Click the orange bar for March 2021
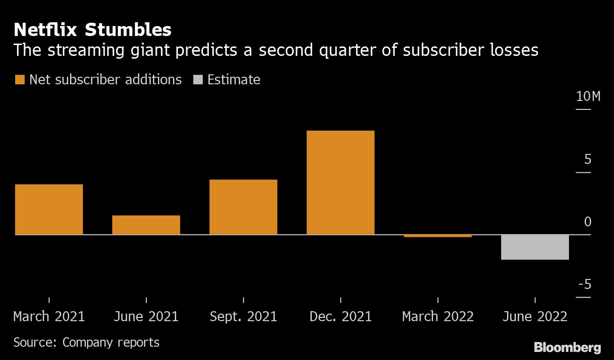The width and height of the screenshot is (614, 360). coord(49,209)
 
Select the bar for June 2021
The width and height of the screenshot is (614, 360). coord(146,225)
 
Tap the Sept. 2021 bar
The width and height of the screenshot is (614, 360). coord(243,207)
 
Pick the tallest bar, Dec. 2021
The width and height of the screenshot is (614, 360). coord(340,182)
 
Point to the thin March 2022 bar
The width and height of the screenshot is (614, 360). coord(438,235)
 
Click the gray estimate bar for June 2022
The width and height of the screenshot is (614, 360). coord(535,247)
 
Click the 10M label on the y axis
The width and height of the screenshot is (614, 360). coord(588,97)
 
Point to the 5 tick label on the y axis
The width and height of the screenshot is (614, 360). coord(587,160)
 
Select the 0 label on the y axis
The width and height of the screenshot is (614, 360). coord(587,222)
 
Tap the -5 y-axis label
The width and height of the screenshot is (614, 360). coord(584,284)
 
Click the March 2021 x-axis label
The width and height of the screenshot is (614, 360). coord(49,316)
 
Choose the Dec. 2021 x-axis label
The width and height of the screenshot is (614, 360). coord(340,316)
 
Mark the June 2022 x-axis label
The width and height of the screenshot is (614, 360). coord(535,316)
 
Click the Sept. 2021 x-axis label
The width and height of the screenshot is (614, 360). coord(243,316)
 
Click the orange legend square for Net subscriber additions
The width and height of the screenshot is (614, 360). coord(19,80)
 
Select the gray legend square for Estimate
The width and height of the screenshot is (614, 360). coord(198,80)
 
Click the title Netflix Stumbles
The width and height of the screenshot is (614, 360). coord(92,30)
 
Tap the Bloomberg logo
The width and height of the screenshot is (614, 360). coord(567,347)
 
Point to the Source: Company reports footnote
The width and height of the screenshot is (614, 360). coord(86,342)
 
